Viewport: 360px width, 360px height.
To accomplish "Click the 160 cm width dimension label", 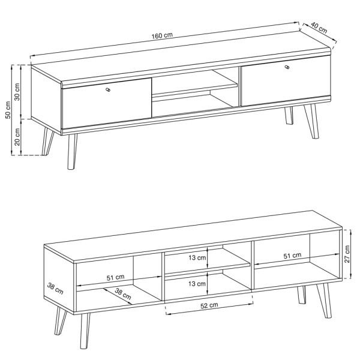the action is (x=162, y=35).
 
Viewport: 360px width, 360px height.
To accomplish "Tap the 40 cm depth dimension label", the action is (x=319, y=28).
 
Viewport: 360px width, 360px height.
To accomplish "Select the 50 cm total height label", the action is (x=8, y=110).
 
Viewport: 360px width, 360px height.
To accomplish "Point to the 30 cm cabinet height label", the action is (x=17, y=92).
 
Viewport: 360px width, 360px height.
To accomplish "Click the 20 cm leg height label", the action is (x=17, y=137).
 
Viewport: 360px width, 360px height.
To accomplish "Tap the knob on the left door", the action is (x=108, y=89).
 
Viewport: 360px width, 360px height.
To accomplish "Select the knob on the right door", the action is (x=287, y=67).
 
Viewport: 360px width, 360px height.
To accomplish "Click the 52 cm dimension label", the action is (x=209, y=305).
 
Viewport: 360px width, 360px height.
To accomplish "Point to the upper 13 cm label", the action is (x=197, y=257).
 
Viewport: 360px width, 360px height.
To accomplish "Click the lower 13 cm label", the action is (x=197, y=284).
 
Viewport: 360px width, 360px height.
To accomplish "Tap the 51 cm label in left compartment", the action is (x=115, y=277).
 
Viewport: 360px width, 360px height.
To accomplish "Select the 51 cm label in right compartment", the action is (x=292, y=256).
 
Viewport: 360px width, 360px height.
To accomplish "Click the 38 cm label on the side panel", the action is (x=55, y=289).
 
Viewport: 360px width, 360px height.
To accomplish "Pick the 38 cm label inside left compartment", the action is (x=123, y=294).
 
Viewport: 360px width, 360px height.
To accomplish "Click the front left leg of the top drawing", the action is (x=72, y=152).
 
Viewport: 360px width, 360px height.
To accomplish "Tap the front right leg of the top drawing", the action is (x=311, y=121).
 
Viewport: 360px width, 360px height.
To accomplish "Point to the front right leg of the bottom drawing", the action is (x=324, y=301).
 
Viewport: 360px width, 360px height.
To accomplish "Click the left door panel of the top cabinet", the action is (x=107, y=103).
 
